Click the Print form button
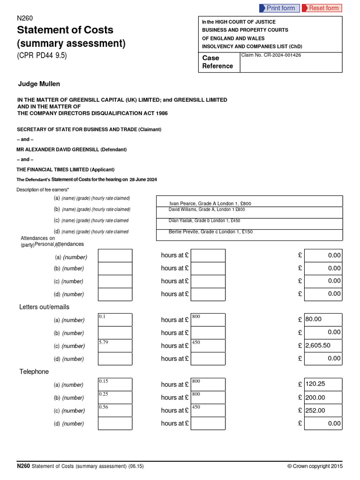[279, 8]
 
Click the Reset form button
[322, 8]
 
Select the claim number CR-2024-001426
[270, 55]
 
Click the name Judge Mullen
[39, 84]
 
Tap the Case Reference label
[217, 62]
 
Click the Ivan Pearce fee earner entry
[210, 203]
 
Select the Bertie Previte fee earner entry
[210, 232]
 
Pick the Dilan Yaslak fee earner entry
[204, 220]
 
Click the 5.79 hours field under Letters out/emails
[115, 345]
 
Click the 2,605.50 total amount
[323, 345]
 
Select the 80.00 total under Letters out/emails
[323, 320]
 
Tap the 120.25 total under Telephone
[323, 384]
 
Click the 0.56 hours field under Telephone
[115, 410]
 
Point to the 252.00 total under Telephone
[323, 410]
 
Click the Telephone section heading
[34, 372]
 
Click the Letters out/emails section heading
[44, 307]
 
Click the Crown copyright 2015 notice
[315, 466]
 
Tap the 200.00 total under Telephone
[323, 397]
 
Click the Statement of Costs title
[65, 30]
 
